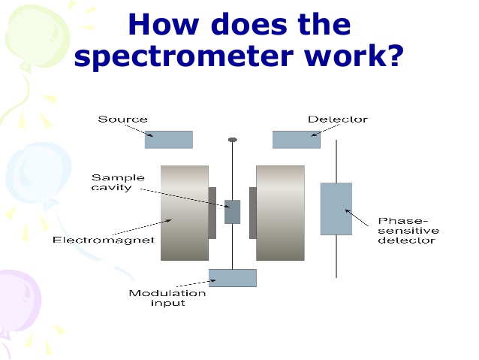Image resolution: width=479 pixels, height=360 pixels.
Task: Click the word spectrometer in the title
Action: pyautogui.click(x=184, y=56)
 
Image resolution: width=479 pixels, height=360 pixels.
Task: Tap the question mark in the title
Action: pyautogui.click(x=394, y=54)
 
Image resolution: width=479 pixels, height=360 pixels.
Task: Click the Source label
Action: pyautogui.click(x=122, y=119)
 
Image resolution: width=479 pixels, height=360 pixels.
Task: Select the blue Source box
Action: pyautogui.click(x=169, y=140)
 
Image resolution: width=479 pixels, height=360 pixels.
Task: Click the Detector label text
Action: pyautogui.click(x=338, y=119)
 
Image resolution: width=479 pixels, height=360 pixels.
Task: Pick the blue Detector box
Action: pyautogui.click(x=297, y=140)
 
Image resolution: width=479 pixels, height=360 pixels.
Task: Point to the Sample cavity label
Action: pyautogui.click(x=118, y=183)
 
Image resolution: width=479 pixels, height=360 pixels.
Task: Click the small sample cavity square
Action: pyautogui.click(x=233, y=212)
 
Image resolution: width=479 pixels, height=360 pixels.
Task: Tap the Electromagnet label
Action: pyautogui.click(x=104, y=240)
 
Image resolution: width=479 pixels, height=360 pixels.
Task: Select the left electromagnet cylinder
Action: pyautogui.click(x=185, y=213)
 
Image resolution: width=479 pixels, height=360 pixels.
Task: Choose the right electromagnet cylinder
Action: pyautogui.click(x=281, y=213)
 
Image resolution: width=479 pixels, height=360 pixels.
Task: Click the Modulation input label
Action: pyautogui.click(x=167, y=298)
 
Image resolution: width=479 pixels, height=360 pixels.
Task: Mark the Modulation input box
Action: pyautogui.click(x=233, y=278)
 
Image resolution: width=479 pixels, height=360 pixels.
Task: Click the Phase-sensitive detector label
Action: pyautogui.click(x=408, y=231)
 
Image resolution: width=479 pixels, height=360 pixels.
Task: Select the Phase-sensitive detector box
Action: pyautogui.click(x=336, y=209)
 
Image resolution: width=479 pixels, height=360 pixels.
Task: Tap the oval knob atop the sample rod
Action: pyautogui.click(x=233, y=140)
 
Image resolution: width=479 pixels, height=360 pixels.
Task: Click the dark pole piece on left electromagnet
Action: pyautogui.click(x=212, y=213)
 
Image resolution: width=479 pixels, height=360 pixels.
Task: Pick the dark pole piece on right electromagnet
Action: pyautogui.click(x=252, y=213)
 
